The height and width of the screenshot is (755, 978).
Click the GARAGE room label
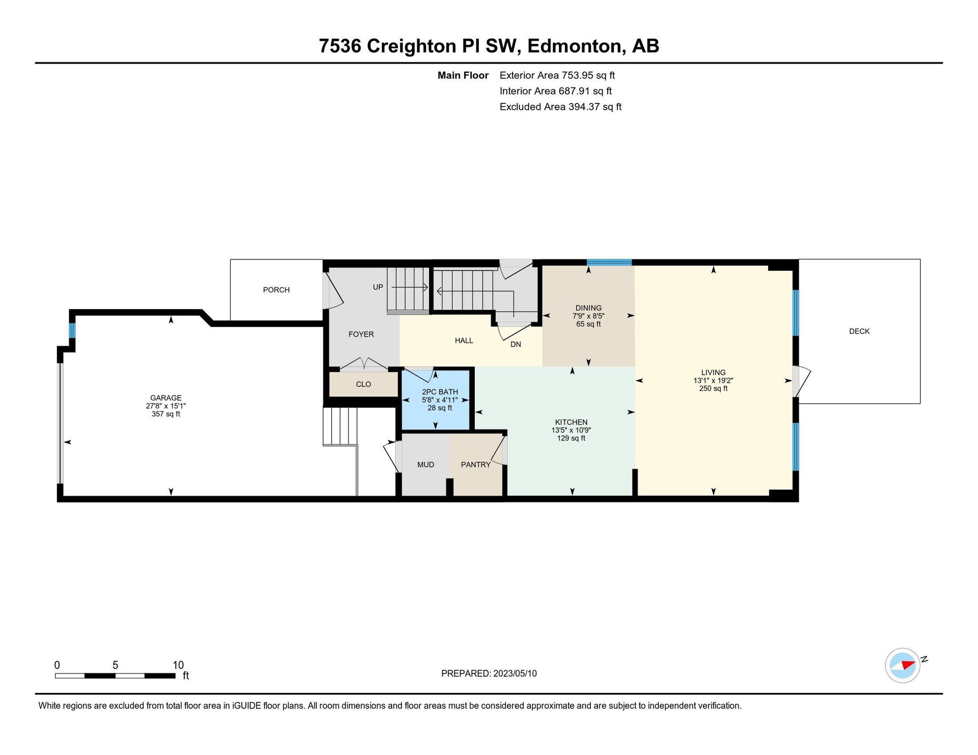click(x=166, y=398)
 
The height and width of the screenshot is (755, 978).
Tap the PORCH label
click(x=276, y=290)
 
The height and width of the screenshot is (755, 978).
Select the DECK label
click(x=859, y=331)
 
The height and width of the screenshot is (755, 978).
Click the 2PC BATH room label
click(x=440, y=392)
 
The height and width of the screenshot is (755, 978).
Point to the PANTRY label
click(x=476, y=465)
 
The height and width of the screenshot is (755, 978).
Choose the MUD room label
click(x=426, y=465)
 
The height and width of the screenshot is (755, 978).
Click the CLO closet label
click(x=364, y=384)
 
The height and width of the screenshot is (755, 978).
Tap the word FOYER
click(x=361, y=334)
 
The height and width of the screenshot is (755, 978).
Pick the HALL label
click(x=464, y=341)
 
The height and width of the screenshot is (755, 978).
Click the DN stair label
click(x=516, y=345)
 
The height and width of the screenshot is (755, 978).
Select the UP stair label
click(x=378, y=287)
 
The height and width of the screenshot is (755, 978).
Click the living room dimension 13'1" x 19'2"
click(x=713, y=381)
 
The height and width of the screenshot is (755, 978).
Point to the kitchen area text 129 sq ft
click(x=571, y=438)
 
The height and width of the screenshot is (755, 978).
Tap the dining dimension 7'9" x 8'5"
click(x=588, y=316)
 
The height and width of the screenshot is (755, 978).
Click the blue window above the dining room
click(x=609, y=263)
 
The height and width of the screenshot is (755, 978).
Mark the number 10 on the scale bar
click(x=178, y=665)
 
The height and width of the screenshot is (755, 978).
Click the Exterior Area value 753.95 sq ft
click(x=588, y=75)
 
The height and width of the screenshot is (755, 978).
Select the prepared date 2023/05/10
click(x=515, y=674)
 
